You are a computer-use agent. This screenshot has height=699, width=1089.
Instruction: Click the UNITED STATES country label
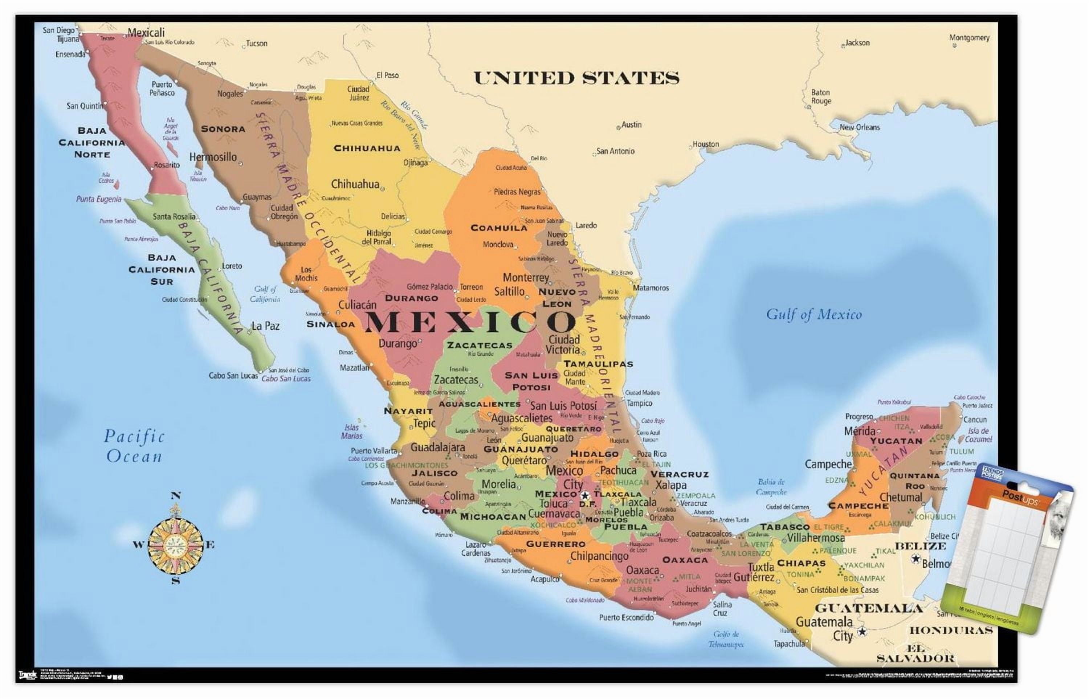click(576, 78)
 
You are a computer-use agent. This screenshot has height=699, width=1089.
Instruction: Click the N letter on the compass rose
click(176, 496)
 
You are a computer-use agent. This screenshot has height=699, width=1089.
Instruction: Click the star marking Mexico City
click(585, 496)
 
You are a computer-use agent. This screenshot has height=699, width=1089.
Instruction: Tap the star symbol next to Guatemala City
click(861, 631)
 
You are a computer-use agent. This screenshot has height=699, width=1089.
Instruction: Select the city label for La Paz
click(266, 326)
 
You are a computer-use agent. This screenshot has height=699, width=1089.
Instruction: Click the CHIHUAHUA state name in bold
click(367, 148)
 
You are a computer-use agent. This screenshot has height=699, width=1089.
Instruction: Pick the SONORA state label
click(223, 129)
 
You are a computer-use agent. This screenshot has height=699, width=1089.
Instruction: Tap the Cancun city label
click(975, 420)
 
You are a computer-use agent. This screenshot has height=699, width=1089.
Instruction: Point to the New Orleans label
click(859, 127)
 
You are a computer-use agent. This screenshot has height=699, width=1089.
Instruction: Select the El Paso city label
click(388, 75)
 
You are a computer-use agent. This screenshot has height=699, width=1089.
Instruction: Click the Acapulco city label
click(545, 579)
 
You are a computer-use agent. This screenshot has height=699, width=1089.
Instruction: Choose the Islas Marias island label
click(352, 431)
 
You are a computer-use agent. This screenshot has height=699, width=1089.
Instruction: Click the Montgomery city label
click(969, 38)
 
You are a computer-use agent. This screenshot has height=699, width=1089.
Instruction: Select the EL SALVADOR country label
click(915, 653)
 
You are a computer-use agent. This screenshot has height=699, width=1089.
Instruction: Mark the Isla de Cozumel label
click(978, 435)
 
